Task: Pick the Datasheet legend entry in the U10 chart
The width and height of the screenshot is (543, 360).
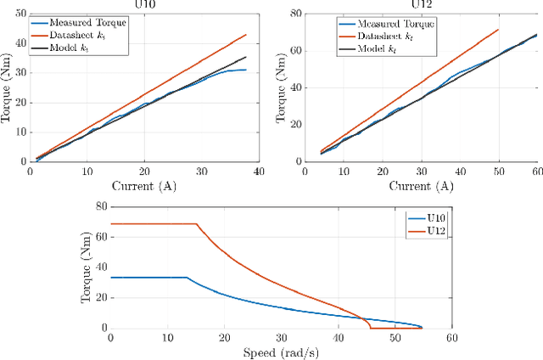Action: [76, 34]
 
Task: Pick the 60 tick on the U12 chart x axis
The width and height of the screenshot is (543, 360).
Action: [536, 172]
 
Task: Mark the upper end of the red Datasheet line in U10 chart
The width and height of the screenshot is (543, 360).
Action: [246, 35]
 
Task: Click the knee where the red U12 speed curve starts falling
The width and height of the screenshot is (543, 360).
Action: [197, 224]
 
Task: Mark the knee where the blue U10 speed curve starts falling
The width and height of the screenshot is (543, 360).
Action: [188, 278]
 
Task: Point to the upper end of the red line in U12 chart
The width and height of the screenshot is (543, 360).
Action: [498, 30]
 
